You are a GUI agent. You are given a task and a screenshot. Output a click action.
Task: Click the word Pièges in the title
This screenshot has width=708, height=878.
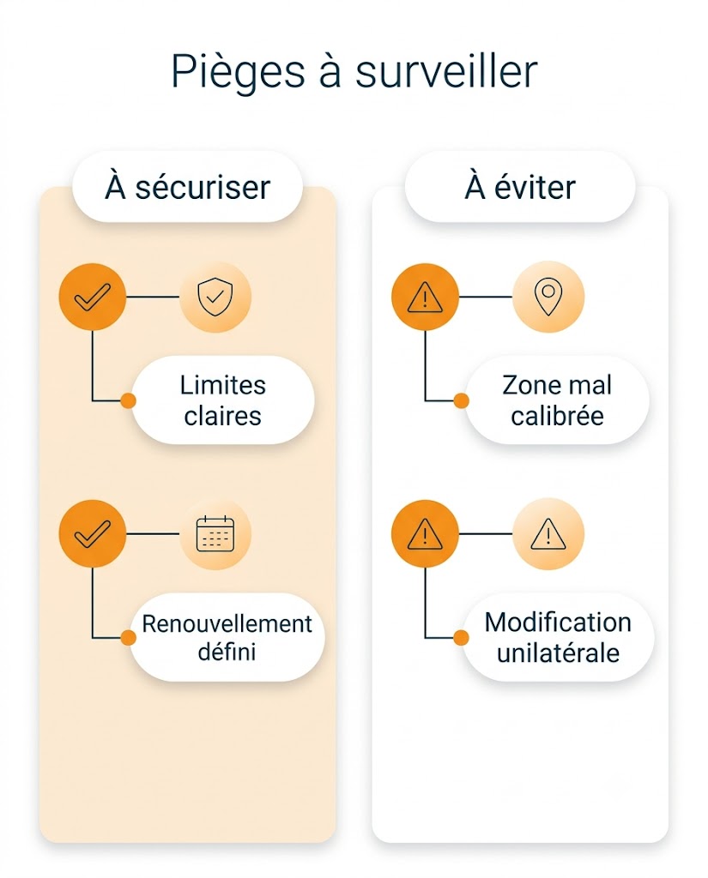(239, 72)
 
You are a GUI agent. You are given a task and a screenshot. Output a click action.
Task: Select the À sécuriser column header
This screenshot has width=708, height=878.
(187, 187)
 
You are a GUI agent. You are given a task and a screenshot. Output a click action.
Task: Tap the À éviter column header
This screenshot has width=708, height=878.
(520, 187)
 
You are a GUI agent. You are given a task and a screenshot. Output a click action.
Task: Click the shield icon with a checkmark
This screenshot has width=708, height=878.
(215, 297)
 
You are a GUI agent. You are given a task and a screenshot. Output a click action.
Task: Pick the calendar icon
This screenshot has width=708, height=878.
(215, 533)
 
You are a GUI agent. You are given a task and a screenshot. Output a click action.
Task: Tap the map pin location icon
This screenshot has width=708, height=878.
(548, 297)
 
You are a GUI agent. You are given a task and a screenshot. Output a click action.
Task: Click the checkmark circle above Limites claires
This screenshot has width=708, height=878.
(93, 297)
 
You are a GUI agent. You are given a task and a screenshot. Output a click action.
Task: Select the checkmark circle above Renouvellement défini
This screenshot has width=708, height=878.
(93, 533)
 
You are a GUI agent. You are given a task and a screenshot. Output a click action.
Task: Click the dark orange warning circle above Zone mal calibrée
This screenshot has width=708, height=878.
(425, 297)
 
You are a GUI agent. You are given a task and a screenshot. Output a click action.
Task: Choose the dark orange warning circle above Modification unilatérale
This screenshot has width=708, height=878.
(425, 533)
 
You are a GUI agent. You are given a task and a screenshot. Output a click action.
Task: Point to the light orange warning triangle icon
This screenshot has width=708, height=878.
(548, 533)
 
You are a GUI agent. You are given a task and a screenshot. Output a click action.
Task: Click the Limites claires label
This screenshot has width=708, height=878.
(223, 400)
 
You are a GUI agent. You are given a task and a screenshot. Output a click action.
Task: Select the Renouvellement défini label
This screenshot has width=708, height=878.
(227, 637)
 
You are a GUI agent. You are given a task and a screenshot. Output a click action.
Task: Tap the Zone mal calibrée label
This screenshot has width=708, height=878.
(557, 400)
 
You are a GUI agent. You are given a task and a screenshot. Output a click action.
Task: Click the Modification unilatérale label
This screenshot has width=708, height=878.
(559, 637)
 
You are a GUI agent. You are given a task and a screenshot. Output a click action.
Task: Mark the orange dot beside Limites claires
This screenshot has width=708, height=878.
(129, 400)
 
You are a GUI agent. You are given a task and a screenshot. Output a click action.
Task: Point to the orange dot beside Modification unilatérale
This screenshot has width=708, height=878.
(462, 637)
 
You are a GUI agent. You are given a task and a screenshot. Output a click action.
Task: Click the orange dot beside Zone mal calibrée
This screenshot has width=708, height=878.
(462, 400)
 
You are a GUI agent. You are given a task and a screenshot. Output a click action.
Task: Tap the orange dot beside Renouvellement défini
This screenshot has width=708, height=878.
(129, 637)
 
